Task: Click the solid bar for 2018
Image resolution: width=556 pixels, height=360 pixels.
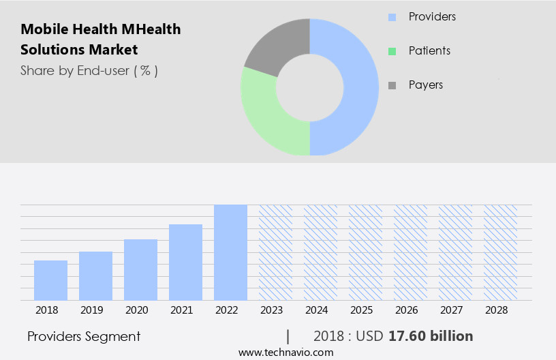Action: tap(50, 280)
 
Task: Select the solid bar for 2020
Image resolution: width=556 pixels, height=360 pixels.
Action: tap(140, 270)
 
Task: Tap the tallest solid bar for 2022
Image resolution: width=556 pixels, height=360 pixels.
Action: tap(230, 252)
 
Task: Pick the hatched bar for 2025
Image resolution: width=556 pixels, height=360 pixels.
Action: tap(365, 252)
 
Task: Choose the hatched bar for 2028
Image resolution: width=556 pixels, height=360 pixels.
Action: tap(500, 252)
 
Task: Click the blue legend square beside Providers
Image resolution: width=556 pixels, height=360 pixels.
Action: tap(392, 16)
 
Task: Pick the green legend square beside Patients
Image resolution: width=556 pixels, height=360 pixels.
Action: tap(392, 51)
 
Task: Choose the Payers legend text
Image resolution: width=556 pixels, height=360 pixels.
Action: tap(425, 85)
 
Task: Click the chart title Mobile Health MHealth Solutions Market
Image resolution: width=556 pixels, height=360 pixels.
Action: tap(101, 40)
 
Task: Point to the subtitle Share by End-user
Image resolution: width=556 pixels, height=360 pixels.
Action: tap(89, 70)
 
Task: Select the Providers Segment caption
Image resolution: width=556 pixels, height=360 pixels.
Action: tap(84, 336)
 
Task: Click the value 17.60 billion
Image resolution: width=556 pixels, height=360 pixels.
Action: tap(430, 336)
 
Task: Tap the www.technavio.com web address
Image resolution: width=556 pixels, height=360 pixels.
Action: tap(285, 352)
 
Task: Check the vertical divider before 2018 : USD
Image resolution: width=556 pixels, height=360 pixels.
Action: tap(288, 336)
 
